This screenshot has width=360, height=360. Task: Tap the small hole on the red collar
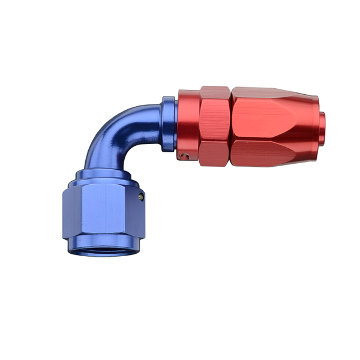point(187,157)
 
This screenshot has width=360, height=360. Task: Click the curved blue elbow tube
point(120,132)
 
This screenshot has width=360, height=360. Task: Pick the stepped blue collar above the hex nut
point(103,178)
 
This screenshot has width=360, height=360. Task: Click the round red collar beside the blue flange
point(188,126)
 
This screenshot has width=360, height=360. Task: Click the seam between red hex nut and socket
point(230,126)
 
